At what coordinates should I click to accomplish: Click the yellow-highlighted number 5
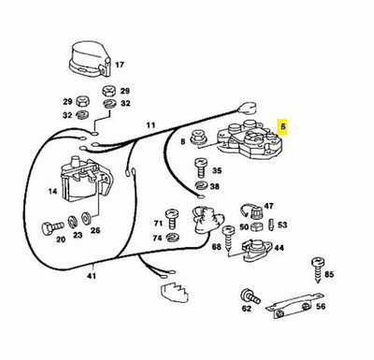283,127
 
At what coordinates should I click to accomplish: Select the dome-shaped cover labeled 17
90,60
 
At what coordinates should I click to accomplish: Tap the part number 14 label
53,191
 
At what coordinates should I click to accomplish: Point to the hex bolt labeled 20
52,227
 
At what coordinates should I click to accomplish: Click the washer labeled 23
72,221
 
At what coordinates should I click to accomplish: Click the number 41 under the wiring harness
92,276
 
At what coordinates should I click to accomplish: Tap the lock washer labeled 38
201,186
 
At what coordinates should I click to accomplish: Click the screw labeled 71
172,220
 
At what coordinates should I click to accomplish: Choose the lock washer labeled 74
172,238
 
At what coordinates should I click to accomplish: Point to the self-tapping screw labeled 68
228,238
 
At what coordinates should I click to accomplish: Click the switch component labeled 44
255,250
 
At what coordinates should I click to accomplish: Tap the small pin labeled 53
271,225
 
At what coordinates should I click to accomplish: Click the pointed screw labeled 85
318,269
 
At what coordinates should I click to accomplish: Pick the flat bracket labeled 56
295,307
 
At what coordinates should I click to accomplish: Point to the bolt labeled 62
250,297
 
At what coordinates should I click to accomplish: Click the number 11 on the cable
151,125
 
